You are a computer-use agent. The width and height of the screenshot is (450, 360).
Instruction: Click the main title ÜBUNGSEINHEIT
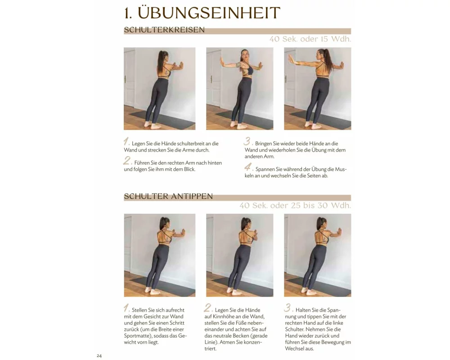[209, 13]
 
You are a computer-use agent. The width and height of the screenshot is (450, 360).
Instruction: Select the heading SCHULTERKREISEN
[164, 30]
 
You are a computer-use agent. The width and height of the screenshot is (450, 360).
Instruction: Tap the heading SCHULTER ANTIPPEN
[168, 196]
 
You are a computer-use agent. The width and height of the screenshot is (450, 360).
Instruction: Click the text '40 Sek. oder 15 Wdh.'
[310, 39]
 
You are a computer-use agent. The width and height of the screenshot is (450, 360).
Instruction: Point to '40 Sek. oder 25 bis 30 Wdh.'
[295, 206]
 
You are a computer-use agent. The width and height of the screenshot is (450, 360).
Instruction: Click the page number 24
[99, 355]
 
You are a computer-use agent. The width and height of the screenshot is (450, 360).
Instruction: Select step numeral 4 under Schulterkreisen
[248, 167]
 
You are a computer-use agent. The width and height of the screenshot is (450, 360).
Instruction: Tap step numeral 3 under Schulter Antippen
[288, 308]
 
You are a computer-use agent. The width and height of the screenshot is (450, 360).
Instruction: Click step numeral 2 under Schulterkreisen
[127, 161]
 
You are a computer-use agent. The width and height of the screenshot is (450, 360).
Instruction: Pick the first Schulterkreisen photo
[160, 89]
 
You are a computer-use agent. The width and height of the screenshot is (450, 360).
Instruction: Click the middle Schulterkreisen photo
[240, 89]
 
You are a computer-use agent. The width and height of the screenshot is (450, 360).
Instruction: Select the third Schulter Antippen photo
[317, 255]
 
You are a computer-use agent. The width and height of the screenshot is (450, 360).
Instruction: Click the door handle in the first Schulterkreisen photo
[125, 79]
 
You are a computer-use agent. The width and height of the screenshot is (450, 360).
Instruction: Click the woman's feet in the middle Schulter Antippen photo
[234, 292]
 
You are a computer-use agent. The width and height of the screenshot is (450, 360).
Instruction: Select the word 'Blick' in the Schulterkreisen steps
[189, 169]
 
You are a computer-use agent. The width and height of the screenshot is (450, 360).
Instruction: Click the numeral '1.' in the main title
[128, 13]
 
